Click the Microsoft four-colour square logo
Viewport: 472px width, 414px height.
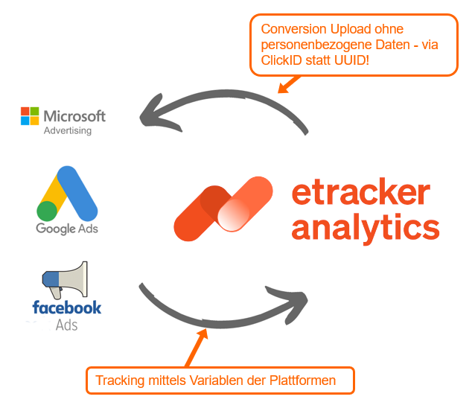(x=30, y=116)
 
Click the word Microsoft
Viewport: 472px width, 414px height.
(x=74, y=116)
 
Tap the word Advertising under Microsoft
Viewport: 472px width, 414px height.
(x=68, y=131)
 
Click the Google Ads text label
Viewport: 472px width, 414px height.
(x=67, y=228)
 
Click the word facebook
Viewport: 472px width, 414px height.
(x=67, y=307)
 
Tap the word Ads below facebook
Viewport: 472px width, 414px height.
(x=67, y=325)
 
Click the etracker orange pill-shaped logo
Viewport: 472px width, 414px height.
(x=223, y=208)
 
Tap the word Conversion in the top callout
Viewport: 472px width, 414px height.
(x=290, y=30)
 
